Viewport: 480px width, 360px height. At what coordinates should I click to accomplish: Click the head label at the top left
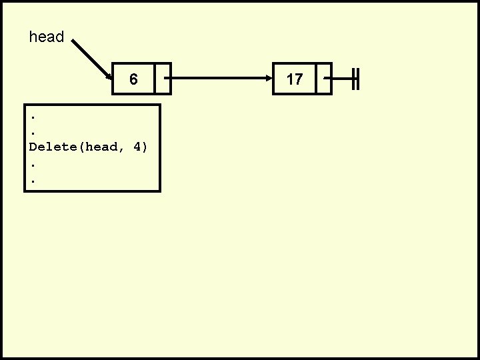tap(47, 37)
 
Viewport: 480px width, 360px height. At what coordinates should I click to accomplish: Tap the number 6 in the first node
tap(133, 79)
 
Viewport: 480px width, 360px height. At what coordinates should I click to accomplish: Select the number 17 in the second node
tap(295, 79)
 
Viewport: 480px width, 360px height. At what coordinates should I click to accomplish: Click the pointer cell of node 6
tap(163, 79)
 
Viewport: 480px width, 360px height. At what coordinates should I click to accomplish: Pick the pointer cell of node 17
tap(323, 79)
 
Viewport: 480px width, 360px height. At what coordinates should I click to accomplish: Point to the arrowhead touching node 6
tap(109, 73)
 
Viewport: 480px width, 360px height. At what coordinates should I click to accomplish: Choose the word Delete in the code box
tap(53, 147)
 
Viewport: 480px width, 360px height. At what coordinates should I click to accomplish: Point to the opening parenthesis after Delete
tap(81, 147)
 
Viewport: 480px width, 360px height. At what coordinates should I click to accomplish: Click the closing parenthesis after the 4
tap(145, 147)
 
